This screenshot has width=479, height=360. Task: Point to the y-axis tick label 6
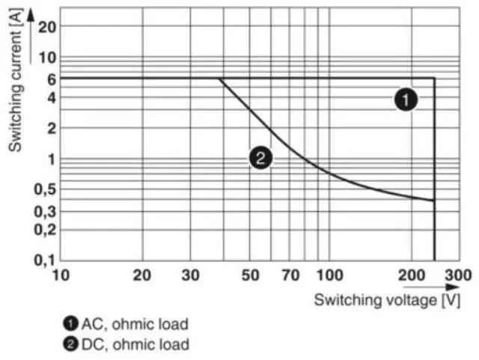(x=51, y=79)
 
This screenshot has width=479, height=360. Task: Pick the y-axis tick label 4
(x=51, y=97)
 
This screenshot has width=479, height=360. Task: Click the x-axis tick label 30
(x=190, y=275)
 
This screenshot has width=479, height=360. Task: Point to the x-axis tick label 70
(x=290, y=275)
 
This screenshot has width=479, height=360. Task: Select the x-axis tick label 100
(x=329, y=275)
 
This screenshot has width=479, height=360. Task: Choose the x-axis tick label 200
(x=411, y=275)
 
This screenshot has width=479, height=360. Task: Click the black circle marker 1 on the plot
(x=406, y=100)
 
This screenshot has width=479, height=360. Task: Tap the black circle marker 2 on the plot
(x=260, y=157)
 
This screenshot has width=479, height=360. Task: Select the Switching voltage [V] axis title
(x=387, y=300)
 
